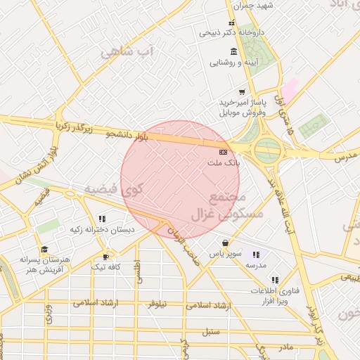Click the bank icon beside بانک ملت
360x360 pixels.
pyautogui.click(x=223, y=151)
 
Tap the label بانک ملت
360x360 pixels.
pyautogui.click(x=223, y=162)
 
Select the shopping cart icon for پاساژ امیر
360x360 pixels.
pyautogui.click(x=242, y=92)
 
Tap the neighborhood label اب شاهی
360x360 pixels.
pyautogui.click(x=127, y=52)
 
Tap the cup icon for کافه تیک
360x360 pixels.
pyautogui.click(x=106, y=257)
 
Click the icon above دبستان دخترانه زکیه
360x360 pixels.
pyautogui.click(x=102, y=219)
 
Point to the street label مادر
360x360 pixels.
pyautogui.click(x=285, y=347)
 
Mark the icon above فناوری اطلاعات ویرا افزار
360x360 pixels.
pyautogui.click(x=275, y=279)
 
